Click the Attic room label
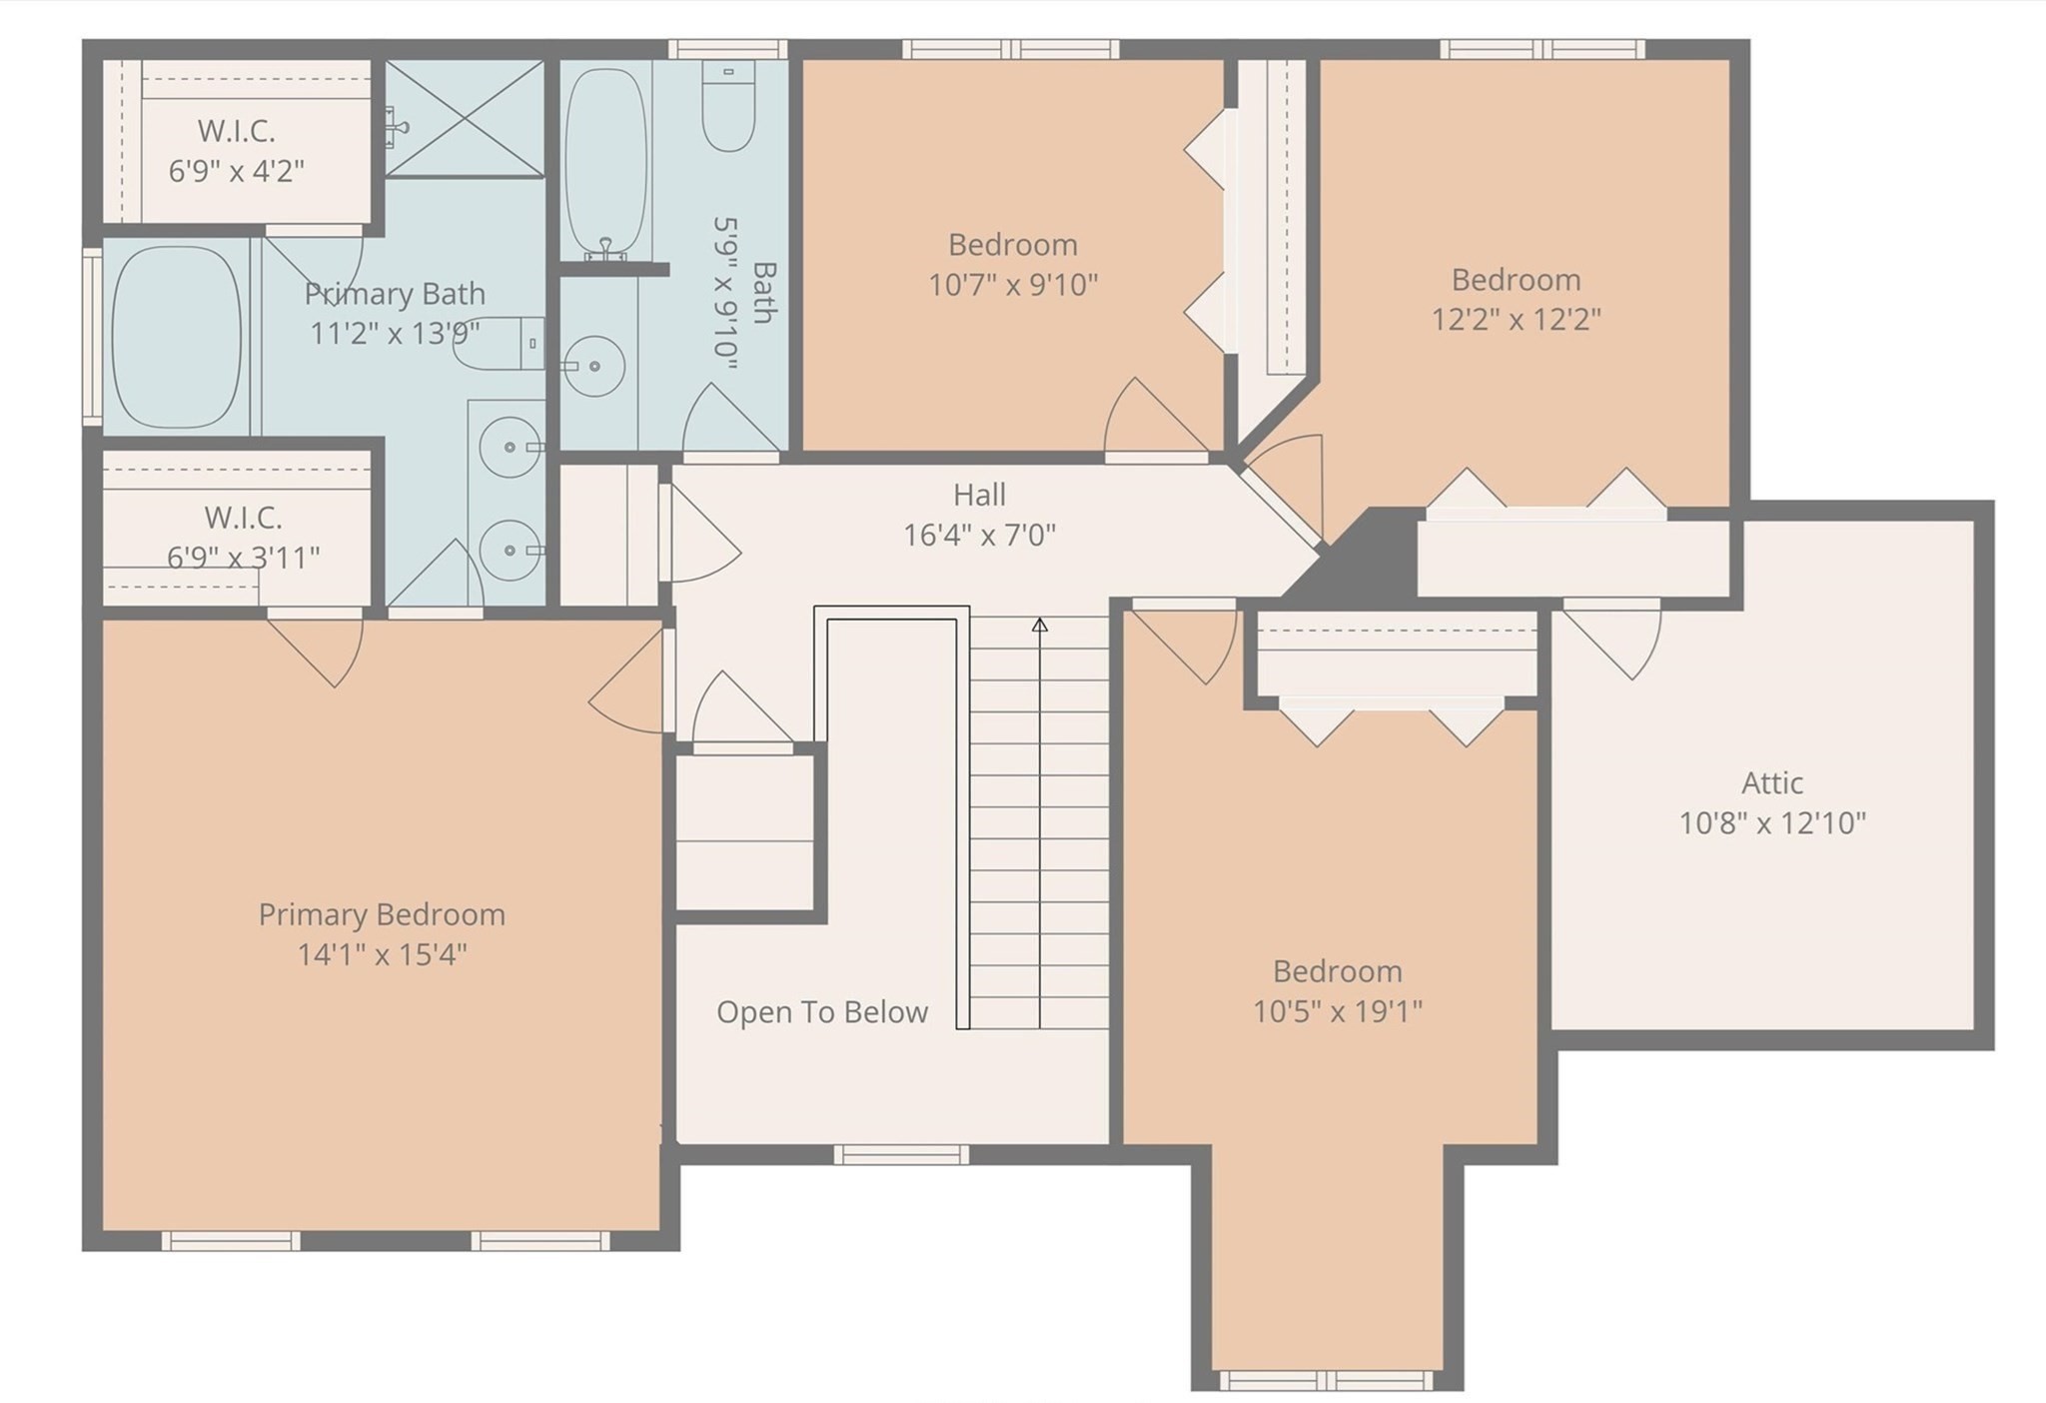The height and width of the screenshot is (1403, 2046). click(x=1772, y=782)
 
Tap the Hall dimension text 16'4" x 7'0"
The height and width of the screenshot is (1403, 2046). click(x=979, y=536)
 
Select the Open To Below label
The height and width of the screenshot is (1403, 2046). click(x=822, y=1012)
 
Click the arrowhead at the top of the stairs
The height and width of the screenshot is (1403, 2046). click(x=1040, y=626)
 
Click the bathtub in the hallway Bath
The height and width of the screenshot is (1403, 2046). click(x=605, y=160)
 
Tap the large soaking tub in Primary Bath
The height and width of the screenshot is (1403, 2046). click(x=176, y=337)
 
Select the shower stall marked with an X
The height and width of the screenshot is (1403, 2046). click(x=466, y=118)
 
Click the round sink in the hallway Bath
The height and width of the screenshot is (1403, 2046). click(x=594, y=366)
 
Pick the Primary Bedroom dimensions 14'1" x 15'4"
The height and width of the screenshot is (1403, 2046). click(x=382, y=955)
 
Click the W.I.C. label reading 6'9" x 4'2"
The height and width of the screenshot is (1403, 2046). click(x=236, y=171)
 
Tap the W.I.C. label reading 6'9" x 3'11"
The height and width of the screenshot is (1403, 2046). click(x=243, y=557)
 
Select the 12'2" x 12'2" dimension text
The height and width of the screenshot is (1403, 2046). click(x=1516, y=320)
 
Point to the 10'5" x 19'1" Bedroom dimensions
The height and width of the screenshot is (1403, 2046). click(x=1338, y=1011)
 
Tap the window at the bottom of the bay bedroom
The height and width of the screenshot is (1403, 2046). click(x=1326, y=1381)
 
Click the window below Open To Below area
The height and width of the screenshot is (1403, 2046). click(x=901, y=1155)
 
